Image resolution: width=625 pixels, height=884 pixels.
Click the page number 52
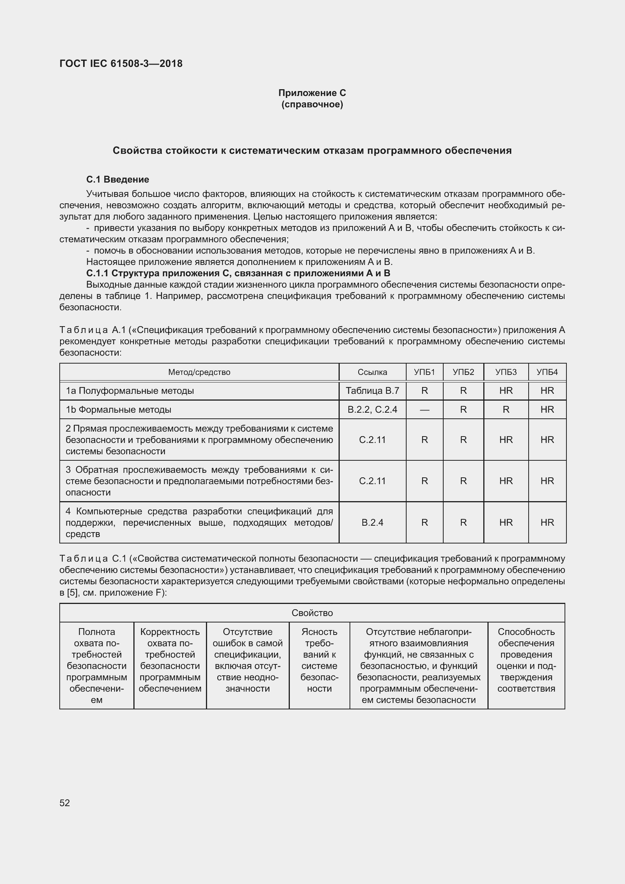65,803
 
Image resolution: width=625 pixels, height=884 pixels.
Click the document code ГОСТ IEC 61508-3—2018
121,63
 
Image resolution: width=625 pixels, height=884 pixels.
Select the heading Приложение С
312,93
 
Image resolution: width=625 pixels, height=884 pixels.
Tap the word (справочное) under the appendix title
312,104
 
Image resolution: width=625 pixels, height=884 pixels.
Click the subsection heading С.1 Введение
118,180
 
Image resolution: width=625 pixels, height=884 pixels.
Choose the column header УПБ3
506,372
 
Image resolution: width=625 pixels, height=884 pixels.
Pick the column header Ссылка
372,372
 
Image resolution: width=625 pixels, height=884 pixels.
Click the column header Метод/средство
199,372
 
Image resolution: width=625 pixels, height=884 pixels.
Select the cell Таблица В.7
372,391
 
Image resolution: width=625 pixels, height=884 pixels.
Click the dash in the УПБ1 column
424,410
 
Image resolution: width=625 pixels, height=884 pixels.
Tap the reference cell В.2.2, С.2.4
372,410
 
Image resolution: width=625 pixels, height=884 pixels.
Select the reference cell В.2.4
372,522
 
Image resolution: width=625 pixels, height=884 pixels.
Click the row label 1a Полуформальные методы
130,391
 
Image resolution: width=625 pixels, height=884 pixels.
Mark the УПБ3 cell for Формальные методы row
506,410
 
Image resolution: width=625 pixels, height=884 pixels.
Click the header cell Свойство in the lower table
312,613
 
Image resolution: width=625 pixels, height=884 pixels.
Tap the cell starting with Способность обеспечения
526,660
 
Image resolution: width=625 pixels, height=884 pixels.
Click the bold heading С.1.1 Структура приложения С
238,273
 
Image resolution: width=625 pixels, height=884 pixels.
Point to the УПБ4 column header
547,372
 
